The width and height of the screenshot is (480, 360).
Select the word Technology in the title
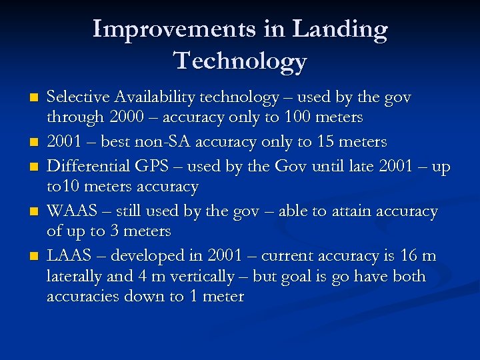tap(241, 61)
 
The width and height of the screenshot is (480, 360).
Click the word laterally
tap(74, 276)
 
